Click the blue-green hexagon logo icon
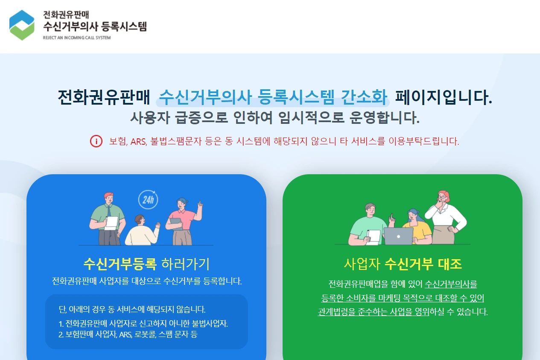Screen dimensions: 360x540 tap(22, 25)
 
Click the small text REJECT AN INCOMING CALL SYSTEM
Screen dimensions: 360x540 tap(76, 38)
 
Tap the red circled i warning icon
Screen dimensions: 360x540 tap(96, 141)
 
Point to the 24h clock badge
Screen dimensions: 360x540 tap(148, 199)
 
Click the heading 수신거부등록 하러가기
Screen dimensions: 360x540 tap(146, 264)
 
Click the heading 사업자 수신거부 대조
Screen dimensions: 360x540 tap(403, 264)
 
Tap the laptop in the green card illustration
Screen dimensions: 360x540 tap(399, 236)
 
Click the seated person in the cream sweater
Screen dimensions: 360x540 tap(141, 233)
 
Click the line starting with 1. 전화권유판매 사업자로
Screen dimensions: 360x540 tap(143, 323)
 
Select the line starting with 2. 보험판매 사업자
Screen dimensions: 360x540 tap(128, 334)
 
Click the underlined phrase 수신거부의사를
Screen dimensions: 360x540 tap(451, 284)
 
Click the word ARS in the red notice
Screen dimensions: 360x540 tap(138, 141)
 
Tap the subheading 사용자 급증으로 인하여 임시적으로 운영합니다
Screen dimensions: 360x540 tap(274, 117)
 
